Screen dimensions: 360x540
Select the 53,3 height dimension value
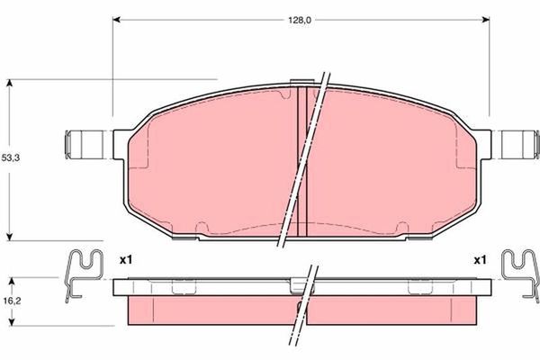click(x=10, y=157)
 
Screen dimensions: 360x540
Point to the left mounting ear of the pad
click(x=82, y=144)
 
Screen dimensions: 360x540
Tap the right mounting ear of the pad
click(x=517, y=144)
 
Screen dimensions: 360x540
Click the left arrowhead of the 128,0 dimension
click(x=117, y=19)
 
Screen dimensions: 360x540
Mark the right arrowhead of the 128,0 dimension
click(x=485, y=19)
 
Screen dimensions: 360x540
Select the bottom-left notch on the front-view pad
click(x=203, y=226)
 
